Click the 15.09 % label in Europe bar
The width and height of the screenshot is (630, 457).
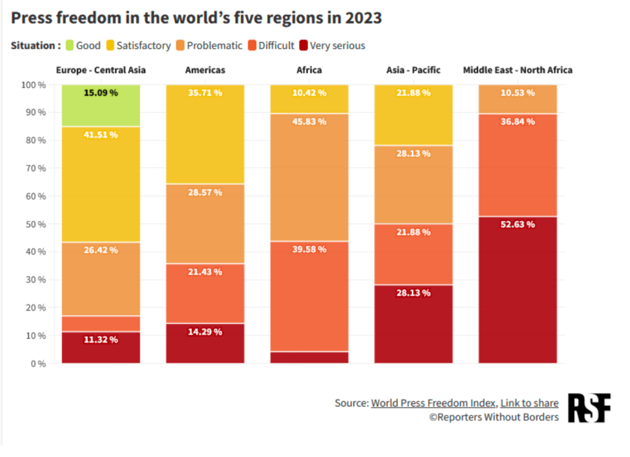pos(100,93)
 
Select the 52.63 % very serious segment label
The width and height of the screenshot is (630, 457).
pos(517,224)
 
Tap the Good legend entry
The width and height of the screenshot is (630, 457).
pos(83,46)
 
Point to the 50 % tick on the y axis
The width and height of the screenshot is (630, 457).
pos(34,224)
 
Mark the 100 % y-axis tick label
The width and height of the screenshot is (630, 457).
pos(33,85)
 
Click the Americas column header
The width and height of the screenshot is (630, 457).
pos(205,70)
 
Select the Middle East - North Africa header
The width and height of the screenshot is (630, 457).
pos(517,70)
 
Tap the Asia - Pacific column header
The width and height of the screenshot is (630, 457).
pos(413,70)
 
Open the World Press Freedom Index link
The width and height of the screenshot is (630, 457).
pos(433,403)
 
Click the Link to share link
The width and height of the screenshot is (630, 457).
pos(529,403)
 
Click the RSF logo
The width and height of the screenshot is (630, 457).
pos(589,408)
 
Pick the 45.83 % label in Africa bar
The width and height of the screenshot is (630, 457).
pos(309,121)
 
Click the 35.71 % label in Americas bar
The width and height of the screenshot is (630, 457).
pos(205,93)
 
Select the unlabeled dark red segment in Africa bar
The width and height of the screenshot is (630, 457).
pos(309,357)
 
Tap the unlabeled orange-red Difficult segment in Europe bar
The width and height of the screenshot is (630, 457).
pos(100,323)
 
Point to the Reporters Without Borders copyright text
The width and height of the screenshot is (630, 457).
pos(494,417)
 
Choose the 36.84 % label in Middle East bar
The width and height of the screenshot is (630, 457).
pos(517,121)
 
